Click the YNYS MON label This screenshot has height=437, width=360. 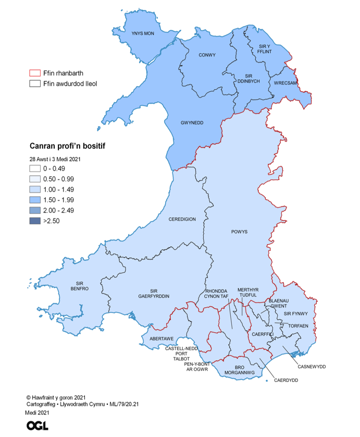(143, 33)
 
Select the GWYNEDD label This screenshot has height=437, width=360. (191, 123)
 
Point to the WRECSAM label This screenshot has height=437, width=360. (282, 83)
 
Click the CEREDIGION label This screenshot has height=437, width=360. (182, 219)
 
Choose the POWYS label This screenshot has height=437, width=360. (239, 231)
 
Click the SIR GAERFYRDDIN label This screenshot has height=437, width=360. (154, 293)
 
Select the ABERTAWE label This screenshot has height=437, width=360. (162, 338)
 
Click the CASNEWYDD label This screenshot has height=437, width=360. (312, 367)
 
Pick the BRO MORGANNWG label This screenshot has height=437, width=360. (240, 370)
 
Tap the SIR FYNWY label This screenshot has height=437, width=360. (296, 313)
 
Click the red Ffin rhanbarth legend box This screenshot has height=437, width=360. (35, 74)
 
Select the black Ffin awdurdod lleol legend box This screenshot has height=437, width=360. (35, 83)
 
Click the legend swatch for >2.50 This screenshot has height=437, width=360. (36, 221)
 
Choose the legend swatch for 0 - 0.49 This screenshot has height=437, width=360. (36, 168)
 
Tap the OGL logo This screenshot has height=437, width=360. (38, 425)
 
